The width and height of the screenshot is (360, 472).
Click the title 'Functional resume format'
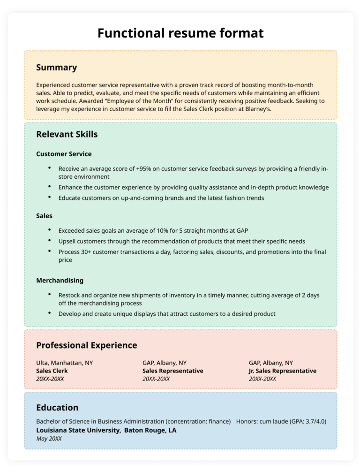tap(180, 33)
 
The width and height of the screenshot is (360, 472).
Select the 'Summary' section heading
tap(56, 68)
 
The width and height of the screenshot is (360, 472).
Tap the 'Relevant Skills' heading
tap(67, 134)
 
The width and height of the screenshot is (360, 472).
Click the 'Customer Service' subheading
tap(64, 154)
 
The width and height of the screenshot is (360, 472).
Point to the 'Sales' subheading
tap(44, 216)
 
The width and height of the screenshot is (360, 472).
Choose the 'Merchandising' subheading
tap(60, 281)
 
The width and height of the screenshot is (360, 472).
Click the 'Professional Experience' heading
tap(86, 345)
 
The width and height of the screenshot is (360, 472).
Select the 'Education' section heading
tap(57, 407)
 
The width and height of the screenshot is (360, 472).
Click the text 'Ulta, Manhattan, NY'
tap(64, 363)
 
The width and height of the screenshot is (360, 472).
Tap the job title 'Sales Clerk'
tap(52, 371)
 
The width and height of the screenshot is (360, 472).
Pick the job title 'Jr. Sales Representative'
tap(282, 371)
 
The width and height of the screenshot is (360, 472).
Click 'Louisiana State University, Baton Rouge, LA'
tap(106, 430)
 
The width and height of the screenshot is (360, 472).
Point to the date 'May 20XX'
tap(49, 439)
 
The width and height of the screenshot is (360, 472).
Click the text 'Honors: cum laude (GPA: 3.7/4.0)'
tap(281, 421)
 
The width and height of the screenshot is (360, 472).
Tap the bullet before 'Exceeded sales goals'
tap(49, 230)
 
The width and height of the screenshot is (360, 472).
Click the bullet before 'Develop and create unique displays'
tap(49, 313)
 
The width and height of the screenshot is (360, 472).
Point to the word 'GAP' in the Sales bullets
tap(241, 230)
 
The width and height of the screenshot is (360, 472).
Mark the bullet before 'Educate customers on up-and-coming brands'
tap(49, 198)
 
